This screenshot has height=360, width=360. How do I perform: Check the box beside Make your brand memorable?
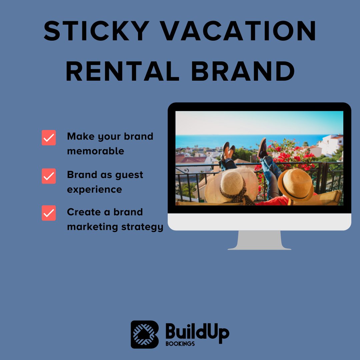[49, 138]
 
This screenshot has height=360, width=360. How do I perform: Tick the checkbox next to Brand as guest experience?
[49, 176]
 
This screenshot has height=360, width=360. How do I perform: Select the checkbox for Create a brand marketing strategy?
[49, 213]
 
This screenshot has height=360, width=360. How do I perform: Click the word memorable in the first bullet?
[95, 151]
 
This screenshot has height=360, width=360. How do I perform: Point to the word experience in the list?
[94, 189]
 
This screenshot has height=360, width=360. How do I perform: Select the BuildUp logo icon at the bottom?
[144, 334]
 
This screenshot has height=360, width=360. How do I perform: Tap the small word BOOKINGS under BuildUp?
[180, 344]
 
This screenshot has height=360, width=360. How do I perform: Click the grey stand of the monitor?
[259, 240]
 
